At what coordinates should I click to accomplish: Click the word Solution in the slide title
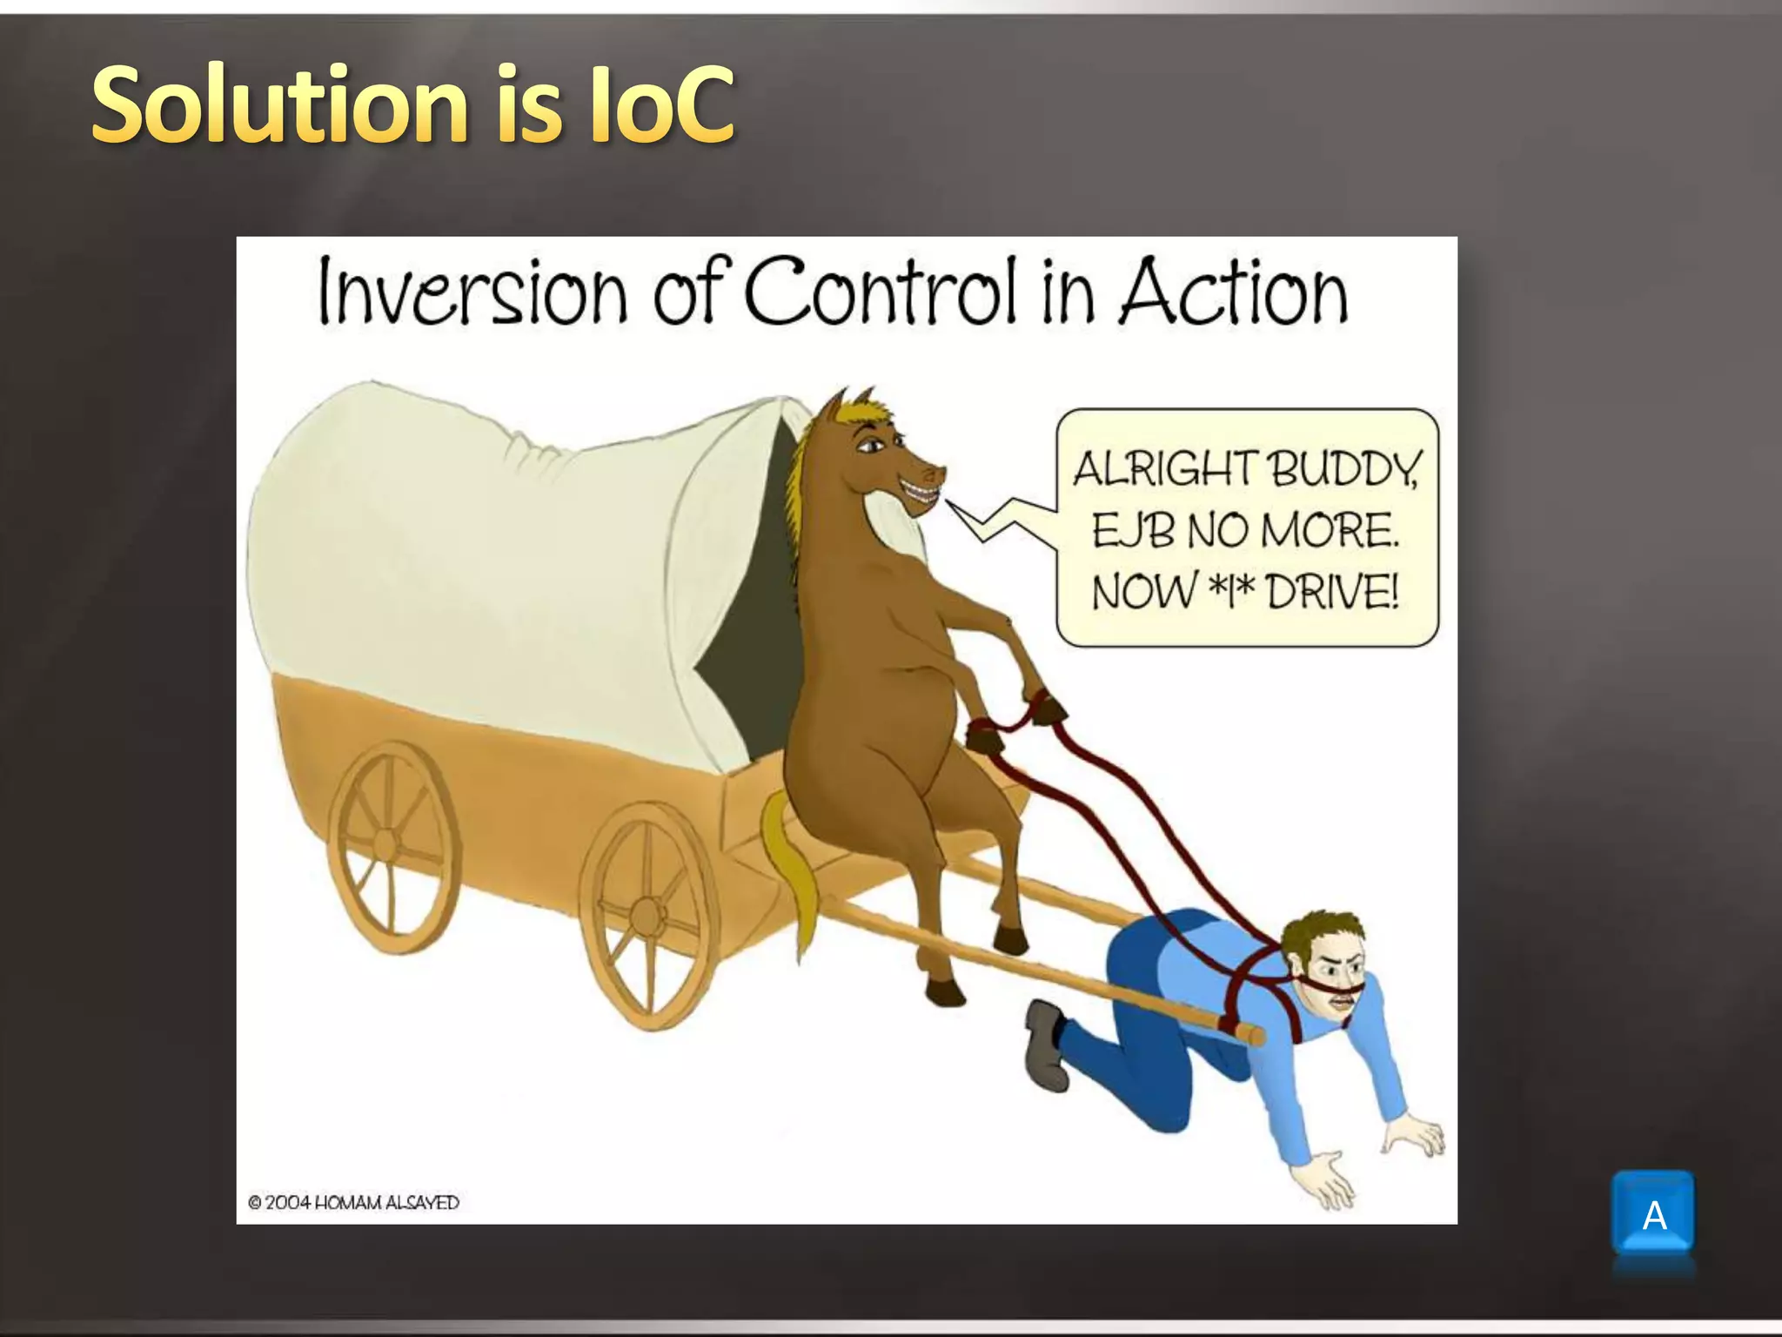pyautogui.click(x=278, y=106)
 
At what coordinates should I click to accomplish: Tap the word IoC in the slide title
pyautogui.click(x=661, y=106)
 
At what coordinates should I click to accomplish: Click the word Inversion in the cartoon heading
pyautogui.click(x=472, y=292)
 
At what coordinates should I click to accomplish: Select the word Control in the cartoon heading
pyautogui.click(x=879, y=292)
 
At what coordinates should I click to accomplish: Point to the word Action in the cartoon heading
pyautogui.click(x=1233, y=292)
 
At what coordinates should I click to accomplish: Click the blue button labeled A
pyautogui.click(x=1652, y=1214)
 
